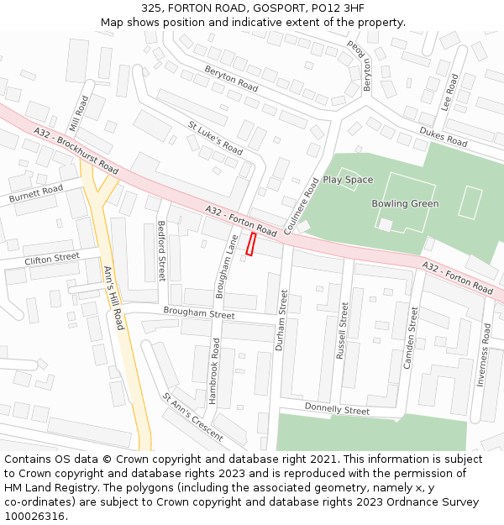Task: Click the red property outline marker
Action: [x=250, y=244]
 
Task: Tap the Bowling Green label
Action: [x=405, y=203]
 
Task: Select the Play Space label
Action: [x=348, y=180]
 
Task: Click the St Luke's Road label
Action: [x=215, y=139]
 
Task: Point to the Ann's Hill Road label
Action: [x=113, y=297]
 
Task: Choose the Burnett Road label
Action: [x=36, y=195]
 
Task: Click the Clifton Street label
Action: [x=51, y=260]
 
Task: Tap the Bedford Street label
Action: [x=162, y=250]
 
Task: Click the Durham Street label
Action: [x=283, y=319]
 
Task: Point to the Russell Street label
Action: [x=342, y=331]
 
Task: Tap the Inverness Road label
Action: [x=483, y=354]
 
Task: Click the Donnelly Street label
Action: [x=337, y=411]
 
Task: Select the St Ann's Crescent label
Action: [x=193, y=417]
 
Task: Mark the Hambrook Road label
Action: [x=216, y=365]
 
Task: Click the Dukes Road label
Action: [x=443, y=137]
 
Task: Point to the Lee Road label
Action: [x=450, y=93]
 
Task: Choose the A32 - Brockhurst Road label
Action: [x=76, y=151]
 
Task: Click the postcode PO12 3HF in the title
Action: [x=339, y=8]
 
